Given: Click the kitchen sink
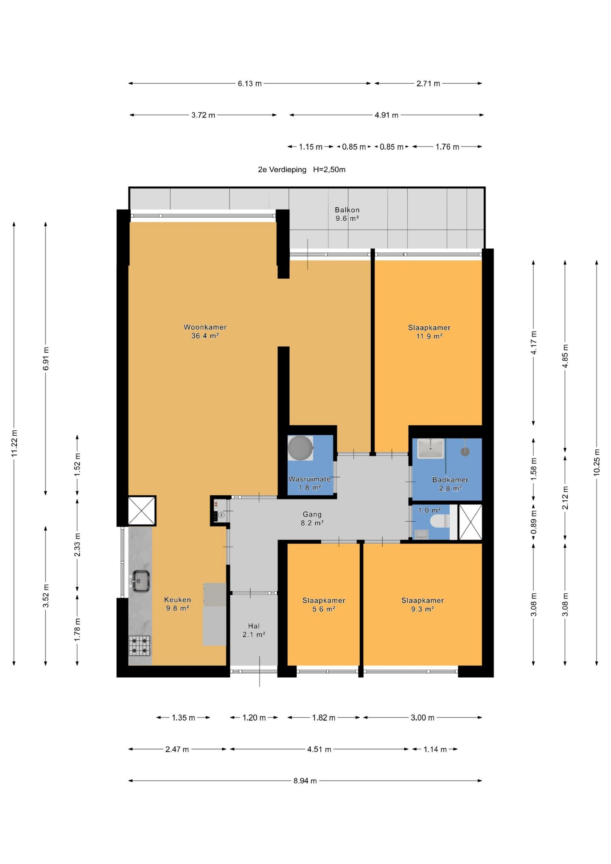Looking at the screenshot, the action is [x=140, y=581].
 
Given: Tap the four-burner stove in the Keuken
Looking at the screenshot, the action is [x=140, y=645].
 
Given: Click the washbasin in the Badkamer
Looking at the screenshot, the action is [x=431, y=449].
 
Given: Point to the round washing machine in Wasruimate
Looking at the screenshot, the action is [x=300, y=448].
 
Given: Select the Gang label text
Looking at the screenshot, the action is [x=312, y=514].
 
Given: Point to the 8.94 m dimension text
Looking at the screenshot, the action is [x=305, y=781].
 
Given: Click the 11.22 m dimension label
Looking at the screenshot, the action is [x=14, y=443].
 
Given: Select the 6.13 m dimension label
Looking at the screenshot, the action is [x=249, y=84].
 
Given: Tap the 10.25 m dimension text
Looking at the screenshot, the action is [x=597, y=462].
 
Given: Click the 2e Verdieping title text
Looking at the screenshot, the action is [x=282, y=170].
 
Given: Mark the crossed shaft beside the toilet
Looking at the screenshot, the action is [x=471, y=522].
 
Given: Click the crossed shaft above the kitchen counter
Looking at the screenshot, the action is [x=142, y=511].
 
